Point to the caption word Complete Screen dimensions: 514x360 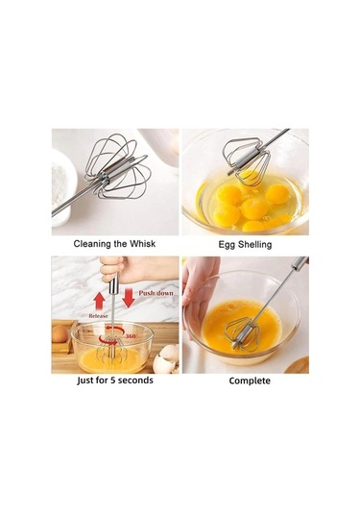click(x=249, y=381)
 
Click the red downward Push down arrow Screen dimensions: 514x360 click(x=128, y=298)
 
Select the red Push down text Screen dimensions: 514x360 click(x=156, y=291)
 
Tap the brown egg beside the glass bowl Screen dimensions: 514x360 click(x=60, y=333)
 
